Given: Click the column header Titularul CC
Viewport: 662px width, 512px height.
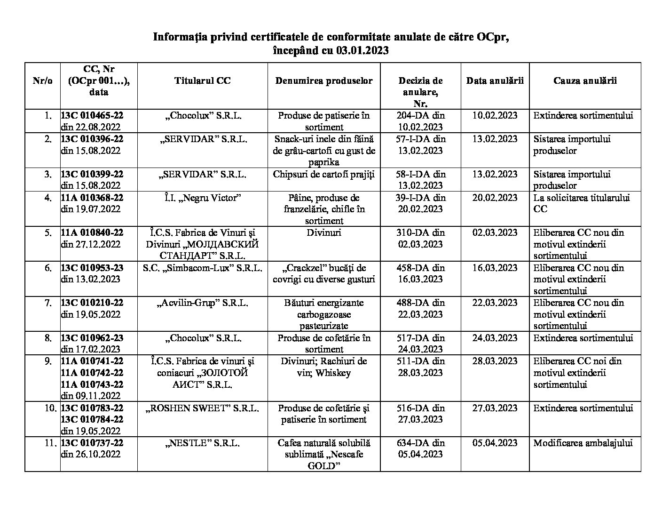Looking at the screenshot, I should pos(202,80).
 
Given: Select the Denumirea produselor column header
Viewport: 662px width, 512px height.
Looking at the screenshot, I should pos(324,80).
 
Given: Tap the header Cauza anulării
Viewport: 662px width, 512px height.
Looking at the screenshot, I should pos(585,80).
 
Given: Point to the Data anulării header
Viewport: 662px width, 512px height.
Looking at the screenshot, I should pos(495,80).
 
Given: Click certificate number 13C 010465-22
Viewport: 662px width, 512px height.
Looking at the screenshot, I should pos(92,115).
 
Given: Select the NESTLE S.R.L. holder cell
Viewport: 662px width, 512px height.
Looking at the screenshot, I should pos(202,443).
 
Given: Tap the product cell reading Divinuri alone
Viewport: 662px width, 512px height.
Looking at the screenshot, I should pos(324,232).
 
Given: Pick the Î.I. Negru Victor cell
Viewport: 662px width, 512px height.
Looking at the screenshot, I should pos(202,198).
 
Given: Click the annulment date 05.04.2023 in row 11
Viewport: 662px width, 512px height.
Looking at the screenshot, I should pos(495,443).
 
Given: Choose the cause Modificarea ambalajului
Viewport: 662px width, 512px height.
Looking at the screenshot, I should pos(583,443).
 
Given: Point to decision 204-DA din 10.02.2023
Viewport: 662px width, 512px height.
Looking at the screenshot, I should pos(420,121).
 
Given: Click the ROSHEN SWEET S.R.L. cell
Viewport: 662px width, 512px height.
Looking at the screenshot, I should pos(202,408).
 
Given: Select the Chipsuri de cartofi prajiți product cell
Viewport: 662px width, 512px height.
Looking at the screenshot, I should pos(324,174).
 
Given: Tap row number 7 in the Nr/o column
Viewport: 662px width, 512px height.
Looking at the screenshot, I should pos(48,303).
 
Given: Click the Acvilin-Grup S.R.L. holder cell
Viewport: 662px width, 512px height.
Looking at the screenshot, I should pos(202,303).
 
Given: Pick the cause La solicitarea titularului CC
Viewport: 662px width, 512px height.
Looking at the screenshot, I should pos(581,203).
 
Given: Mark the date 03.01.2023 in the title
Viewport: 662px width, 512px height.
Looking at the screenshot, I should pos(363,50).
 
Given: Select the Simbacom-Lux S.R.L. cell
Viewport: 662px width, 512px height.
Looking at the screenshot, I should pos(202,268).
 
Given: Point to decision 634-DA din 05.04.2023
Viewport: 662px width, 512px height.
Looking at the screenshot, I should pos(420,448).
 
